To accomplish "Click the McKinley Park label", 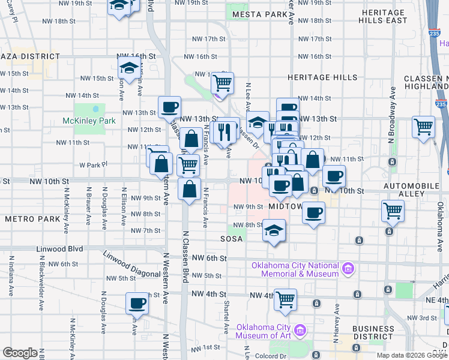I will (88, 121).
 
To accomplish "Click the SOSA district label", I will (232, 239).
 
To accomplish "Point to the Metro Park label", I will (32, 219).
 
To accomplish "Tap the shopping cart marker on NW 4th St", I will (286, 299).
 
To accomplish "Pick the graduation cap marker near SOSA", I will (274, 230).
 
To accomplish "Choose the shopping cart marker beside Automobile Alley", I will (393, 211).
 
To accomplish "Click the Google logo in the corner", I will (20, 353).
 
